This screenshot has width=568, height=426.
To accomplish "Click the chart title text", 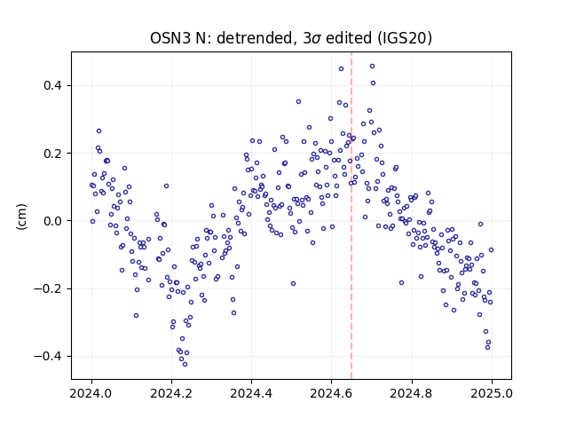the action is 291,38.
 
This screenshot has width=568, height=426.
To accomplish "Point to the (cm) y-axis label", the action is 21,217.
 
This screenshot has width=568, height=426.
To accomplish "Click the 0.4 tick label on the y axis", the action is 53,86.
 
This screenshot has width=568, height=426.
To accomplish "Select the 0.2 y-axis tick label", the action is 53,154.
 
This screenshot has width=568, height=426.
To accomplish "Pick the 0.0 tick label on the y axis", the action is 53,221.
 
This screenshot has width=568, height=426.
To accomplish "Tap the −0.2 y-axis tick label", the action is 48,288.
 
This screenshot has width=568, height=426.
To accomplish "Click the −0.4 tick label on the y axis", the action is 48,357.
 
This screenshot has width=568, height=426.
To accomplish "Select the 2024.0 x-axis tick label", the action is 91,393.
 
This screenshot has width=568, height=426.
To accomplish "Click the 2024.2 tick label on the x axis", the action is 171,393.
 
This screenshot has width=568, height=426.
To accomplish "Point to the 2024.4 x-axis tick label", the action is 251,393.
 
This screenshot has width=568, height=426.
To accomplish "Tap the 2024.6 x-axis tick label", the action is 331,393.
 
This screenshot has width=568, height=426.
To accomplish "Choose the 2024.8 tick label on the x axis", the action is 412,393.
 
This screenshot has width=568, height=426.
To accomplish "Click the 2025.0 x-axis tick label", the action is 492,393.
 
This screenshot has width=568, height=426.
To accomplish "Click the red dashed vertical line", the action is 351,216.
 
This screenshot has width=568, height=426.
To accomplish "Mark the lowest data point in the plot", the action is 185,364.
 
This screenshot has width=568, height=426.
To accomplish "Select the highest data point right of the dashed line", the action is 372,67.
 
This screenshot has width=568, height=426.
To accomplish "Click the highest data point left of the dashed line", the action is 341,69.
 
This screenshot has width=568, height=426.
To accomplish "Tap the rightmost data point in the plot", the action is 491,250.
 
